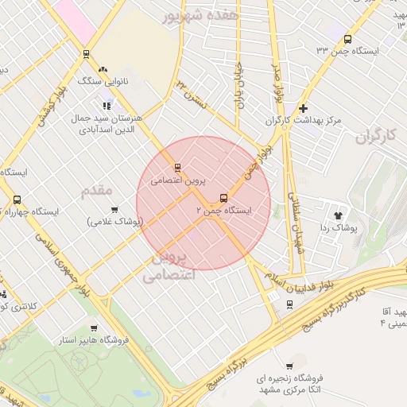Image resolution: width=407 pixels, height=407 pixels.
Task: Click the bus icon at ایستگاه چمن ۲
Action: (x=223, y=198)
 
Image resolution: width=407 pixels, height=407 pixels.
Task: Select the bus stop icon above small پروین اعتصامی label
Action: (x=177, y=168)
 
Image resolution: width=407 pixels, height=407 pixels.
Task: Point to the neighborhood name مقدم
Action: (x=97, y=191)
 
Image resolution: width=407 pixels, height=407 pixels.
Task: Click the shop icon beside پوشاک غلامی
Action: (x=115, y=210)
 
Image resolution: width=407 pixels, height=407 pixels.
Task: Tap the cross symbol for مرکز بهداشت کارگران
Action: (x=302, y=108)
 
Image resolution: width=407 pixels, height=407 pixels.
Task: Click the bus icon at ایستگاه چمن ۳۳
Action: (x=347, y=39)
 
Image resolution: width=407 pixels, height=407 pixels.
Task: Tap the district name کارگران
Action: (x=375, y=137)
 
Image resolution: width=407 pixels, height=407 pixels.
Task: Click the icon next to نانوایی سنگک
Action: (x=106, y=69)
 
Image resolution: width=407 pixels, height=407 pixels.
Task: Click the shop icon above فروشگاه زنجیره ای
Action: (x=300, y=366)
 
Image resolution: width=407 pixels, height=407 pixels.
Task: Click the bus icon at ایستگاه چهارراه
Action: (x=17, y=200)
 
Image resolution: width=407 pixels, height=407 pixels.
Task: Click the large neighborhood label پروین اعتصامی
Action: (x=168, y=268)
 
